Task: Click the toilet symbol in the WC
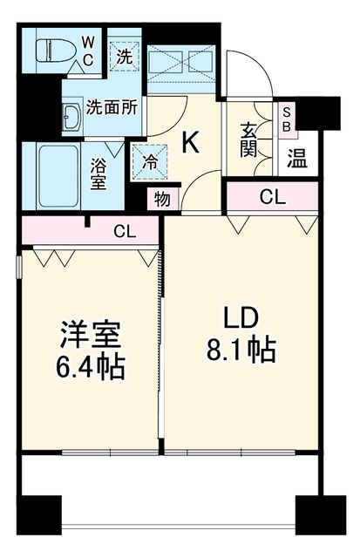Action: pos(55,50)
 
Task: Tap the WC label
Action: pos(88,51)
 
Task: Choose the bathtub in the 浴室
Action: pos(58,176)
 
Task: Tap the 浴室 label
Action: pos(98,174)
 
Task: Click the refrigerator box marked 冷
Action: pos(150,162)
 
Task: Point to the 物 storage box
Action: pos(162,199)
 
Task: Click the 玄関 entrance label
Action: pos(248,139)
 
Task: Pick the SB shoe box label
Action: pos(287,119)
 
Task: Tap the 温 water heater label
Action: pos(297,159)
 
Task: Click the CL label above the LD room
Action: pos(273,197)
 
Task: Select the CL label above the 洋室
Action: pos(125,232)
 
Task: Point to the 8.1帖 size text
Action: pos(241,350)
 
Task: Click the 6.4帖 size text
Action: pos(90,366)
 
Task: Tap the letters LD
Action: pos(241,318)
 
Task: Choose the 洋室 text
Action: pos(91,335)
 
